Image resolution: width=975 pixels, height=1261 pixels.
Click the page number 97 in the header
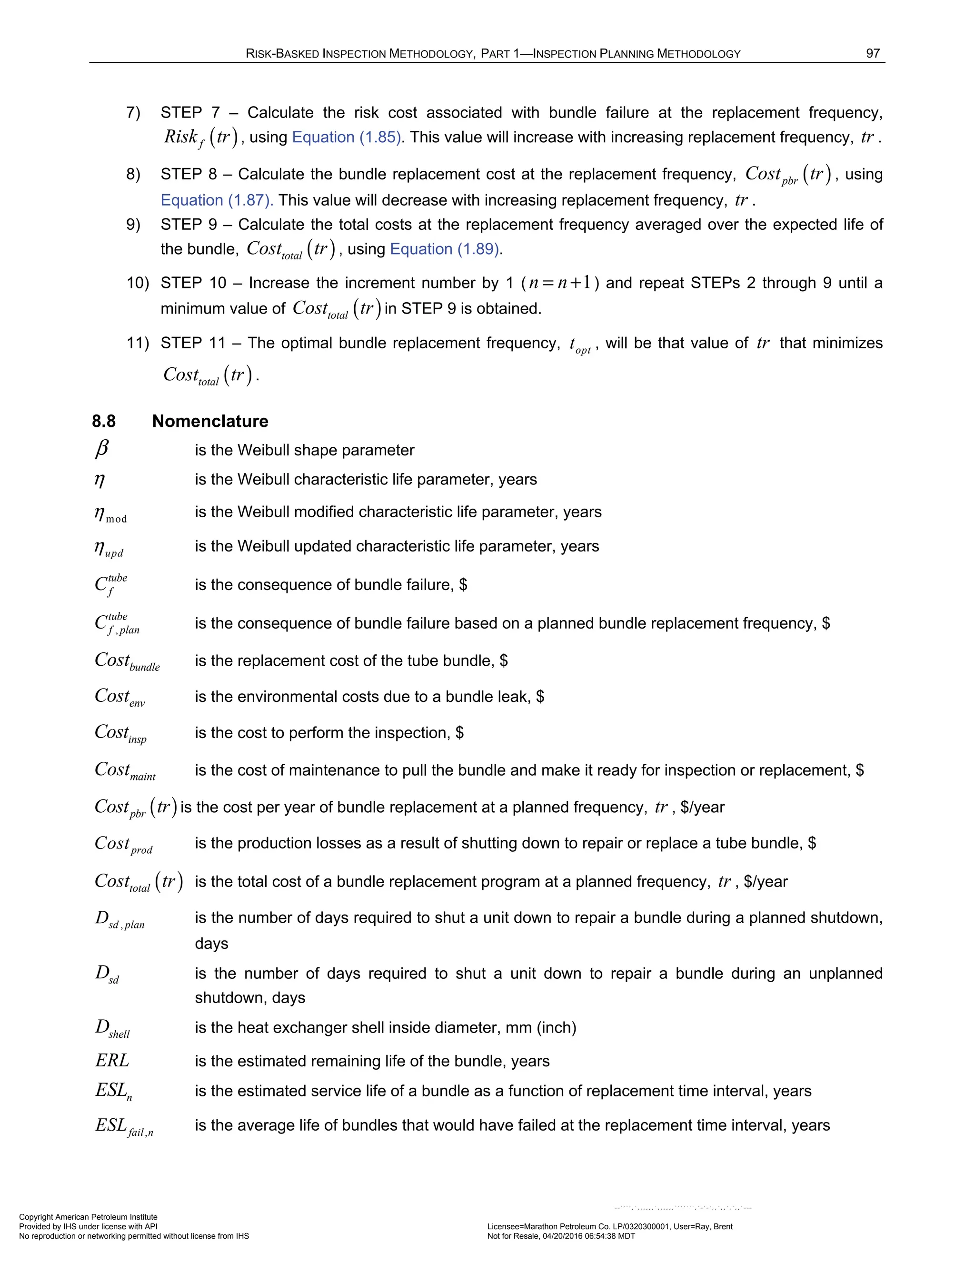[872, 54]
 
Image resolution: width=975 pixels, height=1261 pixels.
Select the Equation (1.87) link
[217, 200]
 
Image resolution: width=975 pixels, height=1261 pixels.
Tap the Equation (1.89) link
[445, 249]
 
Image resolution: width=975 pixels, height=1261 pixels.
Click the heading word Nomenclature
[210, 422]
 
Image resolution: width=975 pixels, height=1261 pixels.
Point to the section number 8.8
[104, 422]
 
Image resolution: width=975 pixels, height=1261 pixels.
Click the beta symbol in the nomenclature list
[102, 449]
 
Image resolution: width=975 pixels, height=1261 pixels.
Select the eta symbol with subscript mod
[110, 514]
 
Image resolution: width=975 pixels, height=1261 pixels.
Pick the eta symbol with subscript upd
[109, 548]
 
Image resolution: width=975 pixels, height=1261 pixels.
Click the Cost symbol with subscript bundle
[127, 662]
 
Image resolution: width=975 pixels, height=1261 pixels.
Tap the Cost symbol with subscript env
[119, 698]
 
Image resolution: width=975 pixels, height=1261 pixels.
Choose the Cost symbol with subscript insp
[120, 734]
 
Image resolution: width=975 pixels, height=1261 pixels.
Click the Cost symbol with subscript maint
[125, 771]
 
